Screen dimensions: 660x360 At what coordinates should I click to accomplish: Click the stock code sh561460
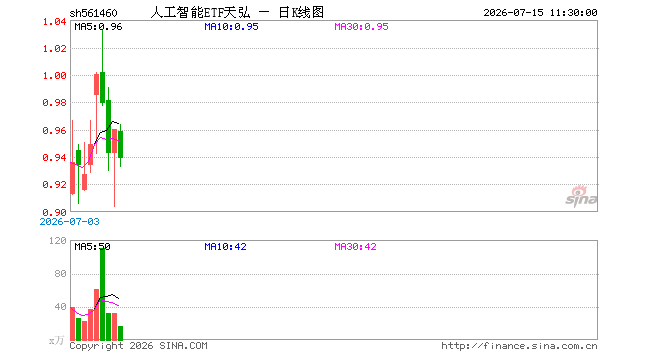[93, 13]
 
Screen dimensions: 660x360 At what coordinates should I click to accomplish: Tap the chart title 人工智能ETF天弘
[200, 13]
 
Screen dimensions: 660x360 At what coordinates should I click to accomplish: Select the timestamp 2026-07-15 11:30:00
[540, 13]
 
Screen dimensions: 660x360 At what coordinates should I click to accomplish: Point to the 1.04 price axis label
[55, 21]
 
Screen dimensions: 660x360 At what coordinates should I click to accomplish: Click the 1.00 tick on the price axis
[55, 76]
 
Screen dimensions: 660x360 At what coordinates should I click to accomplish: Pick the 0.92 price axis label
[55, 184]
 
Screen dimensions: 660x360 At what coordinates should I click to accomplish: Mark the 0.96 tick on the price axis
[55, 131]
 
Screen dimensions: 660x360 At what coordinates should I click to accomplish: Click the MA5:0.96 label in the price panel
[98, 27]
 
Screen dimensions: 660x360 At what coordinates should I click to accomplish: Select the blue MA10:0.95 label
[231, 27]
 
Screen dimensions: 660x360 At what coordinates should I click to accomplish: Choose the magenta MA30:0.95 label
[361, 27]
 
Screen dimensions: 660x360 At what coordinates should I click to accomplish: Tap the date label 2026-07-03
[69, 221]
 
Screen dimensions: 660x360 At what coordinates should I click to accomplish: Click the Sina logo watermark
[581, 196]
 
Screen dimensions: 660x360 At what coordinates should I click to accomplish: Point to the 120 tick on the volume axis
[58, 240]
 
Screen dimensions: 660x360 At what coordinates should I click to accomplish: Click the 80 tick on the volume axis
[61, 274]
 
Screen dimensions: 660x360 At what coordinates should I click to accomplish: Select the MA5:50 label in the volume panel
[92, 246]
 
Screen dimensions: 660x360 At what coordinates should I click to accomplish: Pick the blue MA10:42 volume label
[225, 246]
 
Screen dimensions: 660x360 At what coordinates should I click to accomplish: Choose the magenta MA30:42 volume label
[355, 246]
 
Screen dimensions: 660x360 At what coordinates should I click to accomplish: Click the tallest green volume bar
[102, 294]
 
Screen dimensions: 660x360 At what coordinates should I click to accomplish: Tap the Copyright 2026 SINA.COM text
[138, 346]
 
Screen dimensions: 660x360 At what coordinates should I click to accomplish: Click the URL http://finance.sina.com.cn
[519, 346]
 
